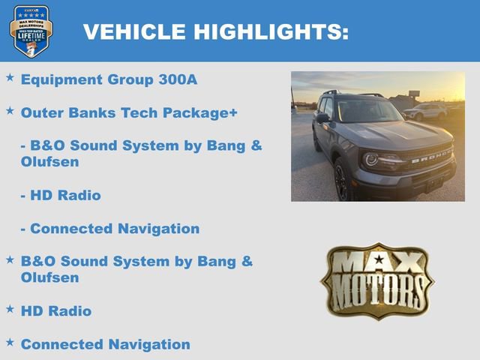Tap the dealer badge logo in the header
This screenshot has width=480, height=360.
point(31,31)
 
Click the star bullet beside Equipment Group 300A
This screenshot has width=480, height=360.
point(10,77)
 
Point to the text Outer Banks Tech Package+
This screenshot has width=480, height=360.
point(129,112)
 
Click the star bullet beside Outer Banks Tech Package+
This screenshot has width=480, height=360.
point(10,110)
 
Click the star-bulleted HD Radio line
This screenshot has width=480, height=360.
point(56,310)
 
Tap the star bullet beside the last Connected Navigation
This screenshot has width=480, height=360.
point(10,342)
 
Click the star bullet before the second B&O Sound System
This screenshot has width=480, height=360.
point(10,259)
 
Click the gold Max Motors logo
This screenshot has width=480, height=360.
point(377,281)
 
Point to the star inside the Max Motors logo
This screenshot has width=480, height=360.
point(378,260)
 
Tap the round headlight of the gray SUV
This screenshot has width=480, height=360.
point(371,159)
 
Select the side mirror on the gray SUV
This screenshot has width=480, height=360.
point(322,118)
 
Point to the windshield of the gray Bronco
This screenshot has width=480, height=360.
point(367,111)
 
